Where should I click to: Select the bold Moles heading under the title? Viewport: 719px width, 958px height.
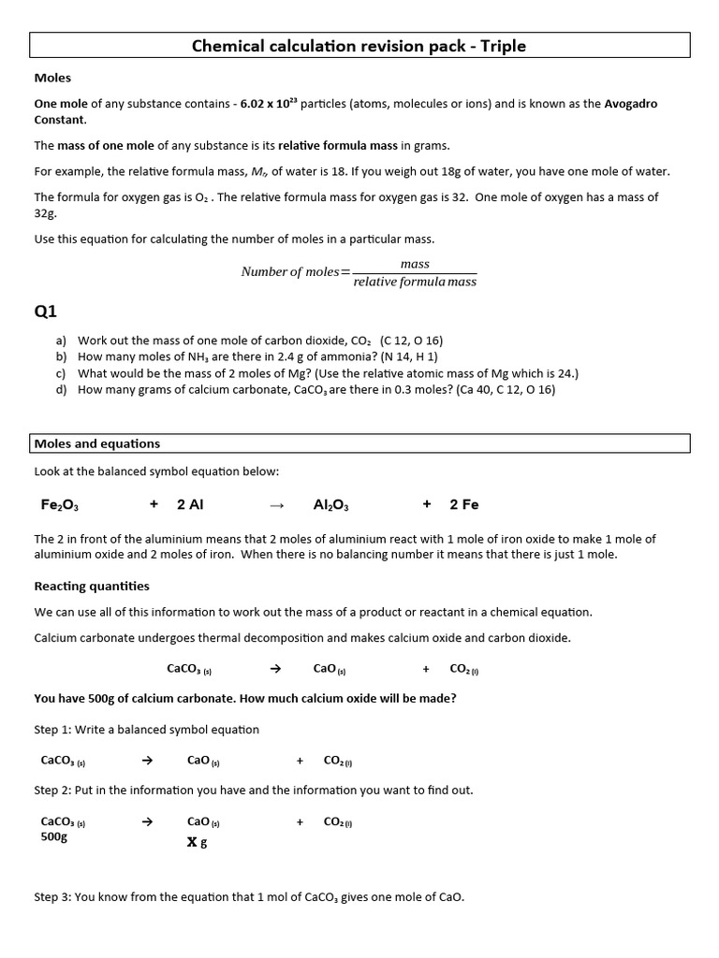pos(52,78)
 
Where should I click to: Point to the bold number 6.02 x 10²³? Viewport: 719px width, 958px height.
pos(269,104)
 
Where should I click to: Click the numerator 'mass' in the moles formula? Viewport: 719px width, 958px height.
pos(415,264)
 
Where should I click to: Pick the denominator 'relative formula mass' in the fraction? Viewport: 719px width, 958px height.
pos(415,282)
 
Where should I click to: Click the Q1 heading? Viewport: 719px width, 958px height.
pos(46,312)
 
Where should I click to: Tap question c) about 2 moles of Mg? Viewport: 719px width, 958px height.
pos(328,373)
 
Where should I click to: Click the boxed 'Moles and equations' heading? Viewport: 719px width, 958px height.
pos(97,443)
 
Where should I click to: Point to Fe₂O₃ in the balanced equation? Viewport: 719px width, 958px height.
pos(59,505)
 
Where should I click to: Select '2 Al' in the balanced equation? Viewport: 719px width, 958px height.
pos(190,505)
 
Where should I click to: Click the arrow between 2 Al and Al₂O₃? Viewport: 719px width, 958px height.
pos(275,505)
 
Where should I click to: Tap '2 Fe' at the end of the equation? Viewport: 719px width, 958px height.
pos(463,505)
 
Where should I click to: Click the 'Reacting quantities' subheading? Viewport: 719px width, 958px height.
pos(92,587)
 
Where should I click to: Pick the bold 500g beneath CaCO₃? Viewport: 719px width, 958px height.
pos(53,837)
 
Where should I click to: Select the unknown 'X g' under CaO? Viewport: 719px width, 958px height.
pos(197,842)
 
